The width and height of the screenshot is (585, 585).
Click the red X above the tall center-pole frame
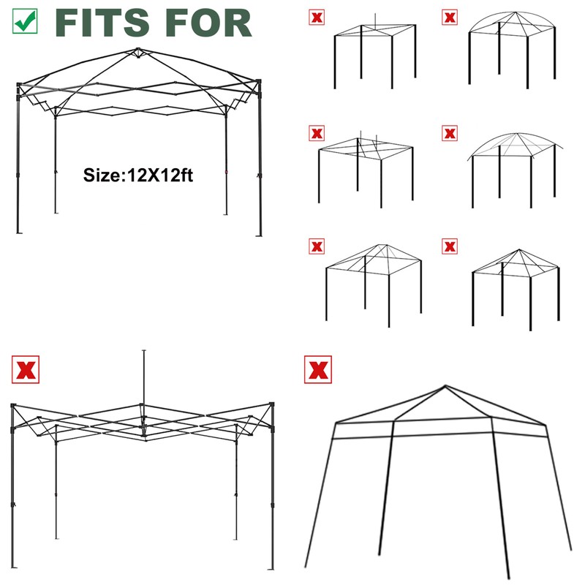pyautogui.click(x=26, y=369)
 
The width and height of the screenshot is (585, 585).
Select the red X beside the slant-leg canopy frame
pyautogui.click(x=317, y=369)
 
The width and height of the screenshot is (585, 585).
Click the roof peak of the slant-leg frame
pyautogui.click(x=443, y=386)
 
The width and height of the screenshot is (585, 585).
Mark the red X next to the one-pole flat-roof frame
pyautogui.click(x=316, y=17)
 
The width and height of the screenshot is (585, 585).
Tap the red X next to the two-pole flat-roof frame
pyautogui.click(x=316, y=133)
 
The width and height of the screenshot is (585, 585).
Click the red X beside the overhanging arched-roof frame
pyautogui.click(x=450, y=133)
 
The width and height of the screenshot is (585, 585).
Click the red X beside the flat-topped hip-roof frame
pyautogui.click(x=316, y=246)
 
